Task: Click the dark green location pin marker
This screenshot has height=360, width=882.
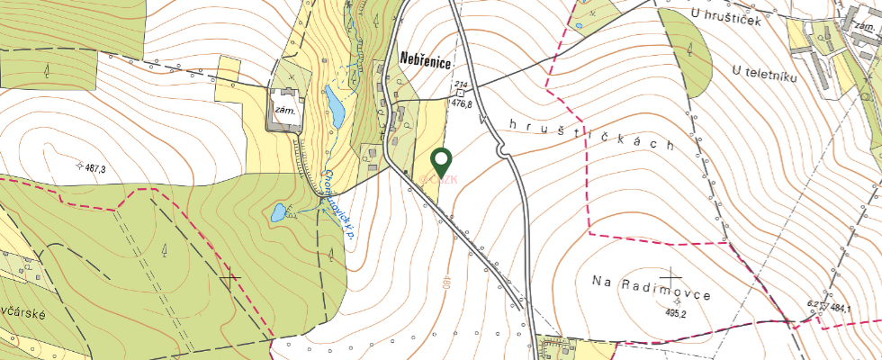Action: coord(441,161)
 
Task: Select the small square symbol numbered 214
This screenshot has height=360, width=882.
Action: coord(460,92)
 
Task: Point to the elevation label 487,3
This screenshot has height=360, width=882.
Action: coord(93,169)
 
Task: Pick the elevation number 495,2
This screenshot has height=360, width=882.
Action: coord(676,314)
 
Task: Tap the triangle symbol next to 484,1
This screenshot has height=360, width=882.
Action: coord(822,308)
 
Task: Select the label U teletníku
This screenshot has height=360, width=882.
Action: coord(765,69)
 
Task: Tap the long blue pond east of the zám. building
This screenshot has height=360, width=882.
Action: coord(335,108)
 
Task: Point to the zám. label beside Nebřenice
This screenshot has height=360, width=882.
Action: coord(286,110)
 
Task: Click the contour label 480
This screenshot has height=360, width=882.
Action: coord(445,286)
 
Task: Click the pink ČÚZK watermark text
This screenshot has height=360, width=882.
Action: coord(441,179)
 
